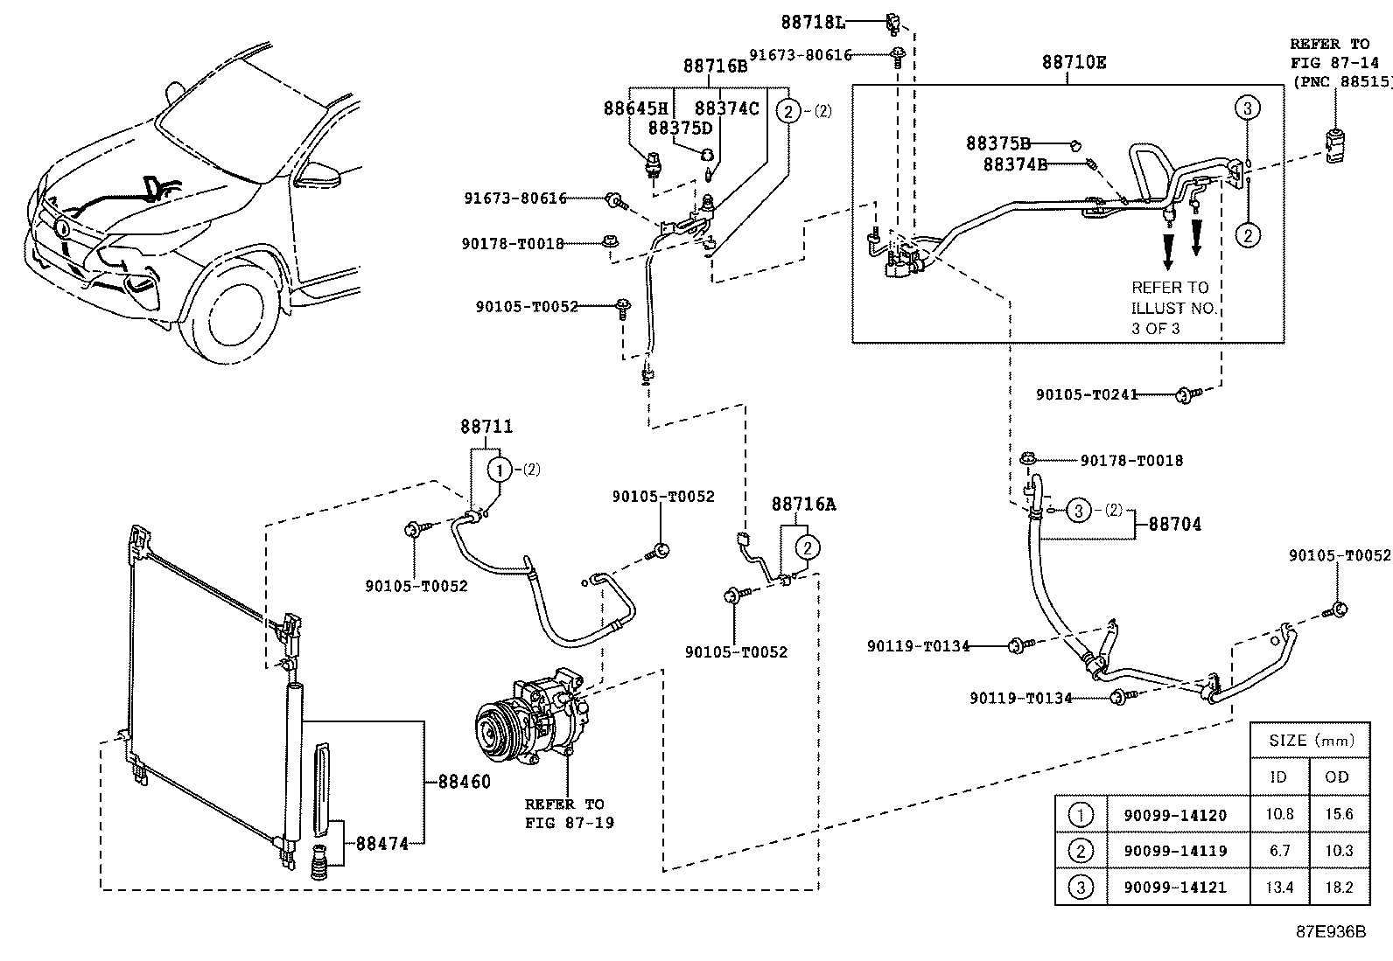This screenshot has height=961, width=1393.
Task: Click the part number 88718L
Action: click(813, 23)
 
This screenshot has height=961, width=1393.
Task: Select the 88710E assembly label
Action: click(1074, 62)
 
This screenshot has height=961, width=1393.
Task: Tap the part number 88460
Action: click(464, 782)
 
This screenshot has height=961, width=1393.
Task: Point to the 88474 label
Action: click(381, 844)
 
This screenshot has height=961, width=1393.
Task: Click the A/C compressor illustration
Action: click(532, 718)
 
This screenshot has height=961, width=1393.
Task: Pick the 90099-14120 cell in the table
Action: click(1175, 815)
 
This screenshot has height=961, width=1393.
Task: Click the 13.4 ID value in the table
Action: click(1279, 887)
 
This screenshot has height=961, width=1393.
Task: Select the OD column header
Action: click(1336, 777)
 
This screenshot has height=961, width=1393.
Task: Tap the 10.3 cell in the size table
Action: click(1338, 850)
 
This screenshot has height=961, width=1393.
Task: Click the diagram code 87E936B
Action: click(1331, 932)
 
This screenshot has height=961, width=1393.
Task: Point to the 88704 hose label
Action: click(1175, 524)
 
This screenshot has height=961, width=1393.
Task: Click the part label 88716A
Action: click(803, 505)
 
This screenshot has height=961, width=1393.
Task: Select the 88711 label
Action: click(486, 427)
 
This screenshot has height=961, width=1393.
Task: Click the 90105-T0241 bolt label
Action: click(1087, 394)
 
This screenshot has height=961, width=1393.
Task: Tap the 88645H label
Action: click(635, 108)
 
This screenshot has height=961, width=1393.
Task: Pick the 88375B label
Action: click(998, 143)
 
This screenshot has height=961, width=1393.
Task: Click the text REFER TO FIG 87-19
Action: click(569, 813)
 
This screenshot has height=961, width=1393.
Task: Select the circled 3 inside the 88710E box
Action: click(1247, 108)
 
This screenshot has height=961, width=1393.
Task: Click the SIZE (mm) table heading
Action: click(1311, 741)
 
